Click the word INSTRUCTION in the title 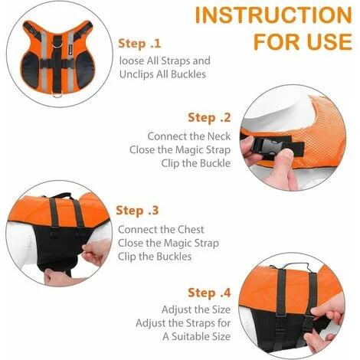coord(273,15)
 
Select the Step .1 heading coord(139,44)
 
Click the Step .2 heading coord(209,118)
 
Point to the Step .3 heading coord(137,211)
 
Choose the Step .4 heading coord(209,293)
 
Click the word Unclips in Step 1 coord(133,74)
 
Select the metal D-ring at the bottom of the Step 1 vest coord(56,93)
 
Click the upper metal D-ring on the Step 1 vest coord(56,45)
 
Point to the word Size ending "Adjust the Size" coord(221,309)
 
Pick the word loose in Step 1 coord(132,61)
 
